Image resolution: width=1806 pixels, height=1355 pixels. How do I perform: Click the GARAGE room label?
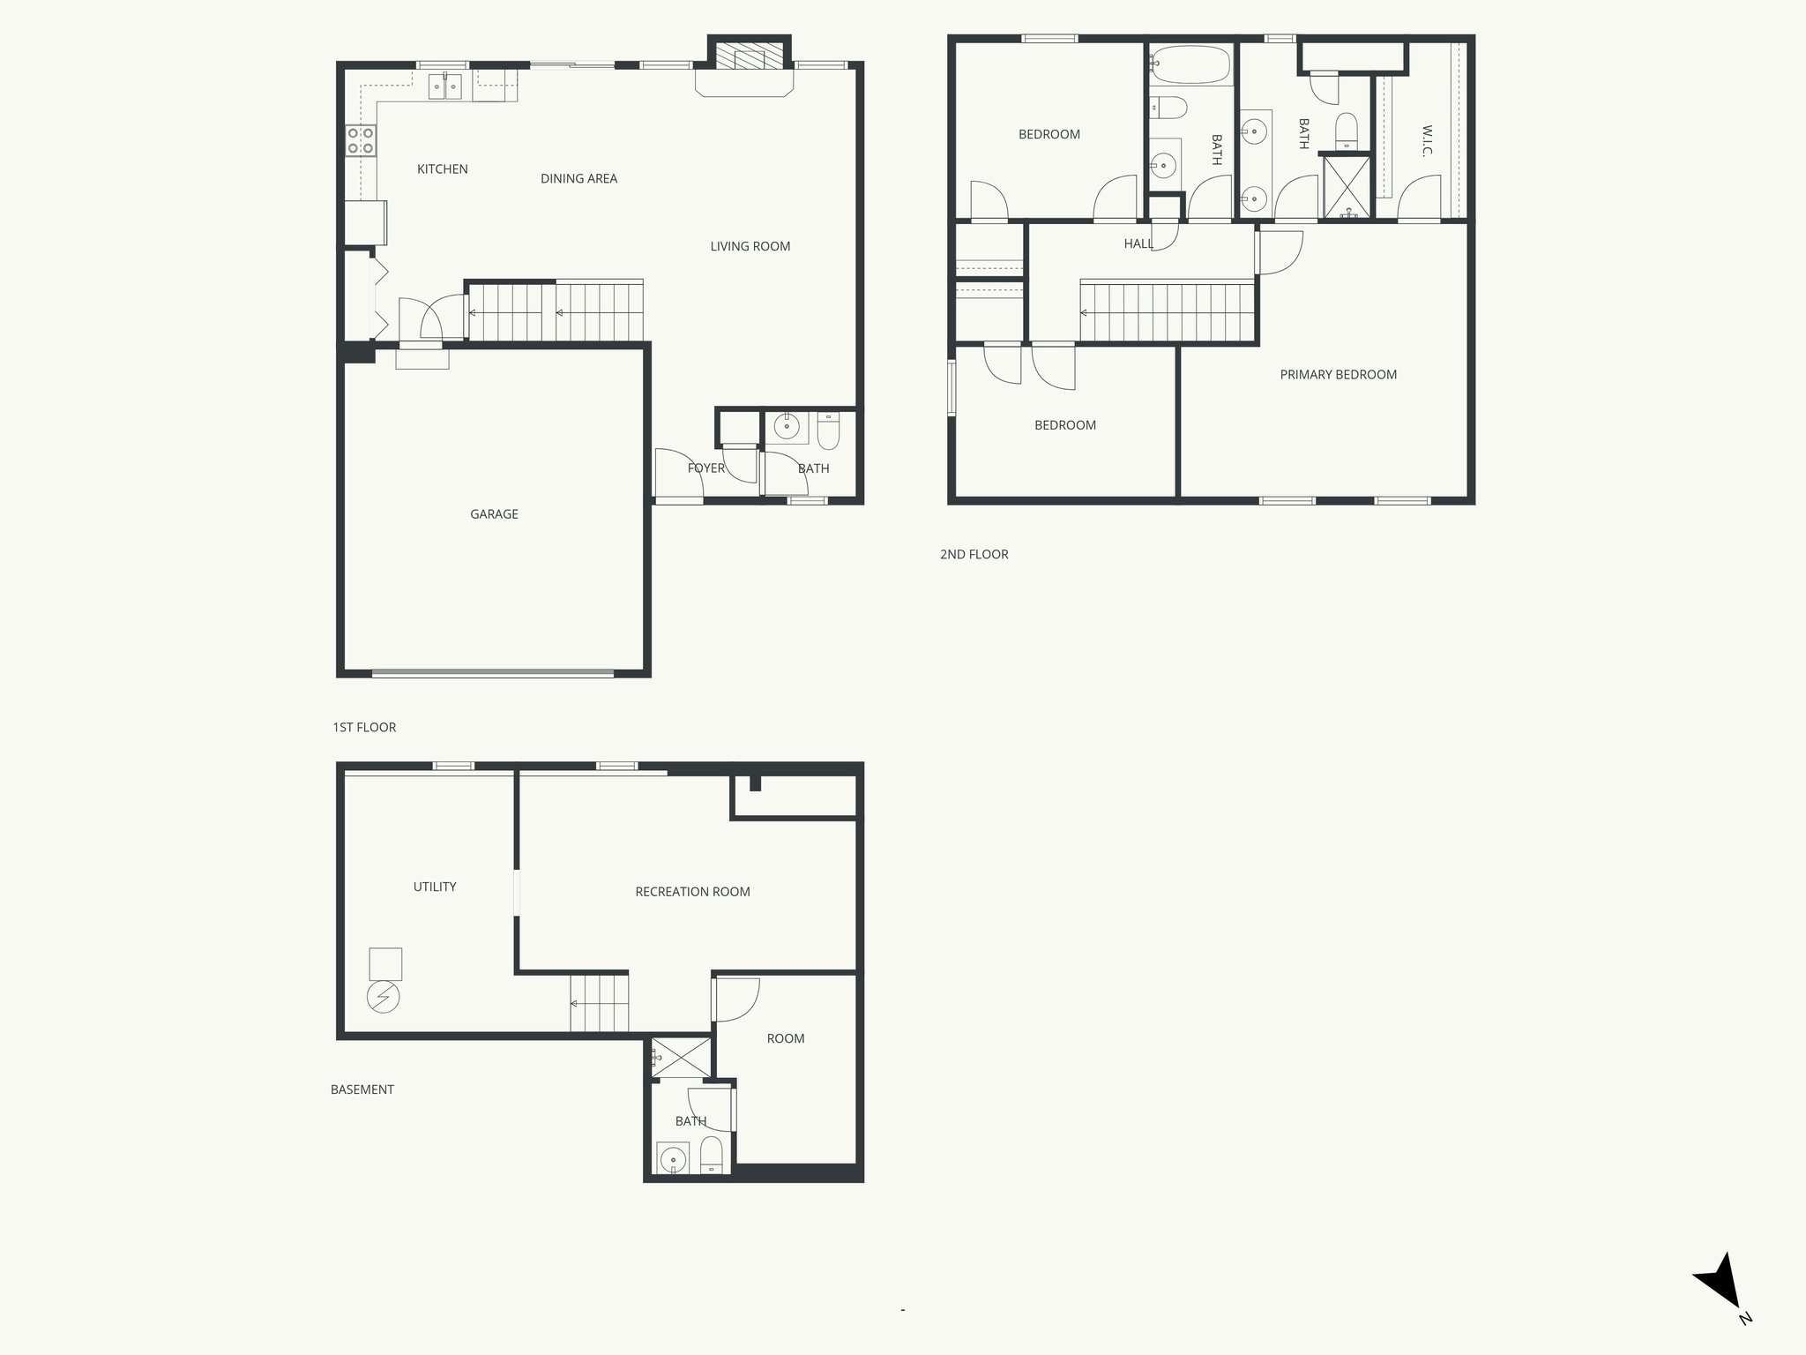[494, 514]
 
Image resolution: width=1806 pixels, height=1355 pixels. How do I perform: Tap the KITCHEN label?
[442, 169]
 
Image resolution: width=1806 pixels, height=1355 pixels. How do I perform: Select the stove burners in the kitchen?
[361, 141]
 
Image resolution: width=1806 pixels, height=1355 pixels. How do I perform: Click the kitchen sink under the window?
[446, 87]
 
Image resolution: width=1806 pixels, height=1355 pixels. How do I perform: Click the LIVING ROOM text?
[750, 247]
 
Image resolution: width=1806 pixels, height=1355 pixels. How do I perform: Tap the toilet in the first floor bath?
[828, 431]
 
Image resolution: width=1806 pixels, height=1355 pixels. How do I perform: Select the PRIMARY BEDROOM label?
[1338, 375]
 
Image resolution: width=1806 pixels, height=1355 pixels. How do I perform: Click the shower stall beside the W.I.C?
[1347, 186]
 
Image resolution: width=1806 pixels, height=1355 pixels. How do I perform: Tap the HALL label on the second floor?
[1138, 243]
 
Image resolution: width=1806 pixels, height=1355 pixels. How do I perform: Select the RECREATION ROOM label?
[692, 892]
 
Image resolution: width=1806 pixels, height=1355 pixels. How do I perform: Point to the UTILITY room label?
[435, 887]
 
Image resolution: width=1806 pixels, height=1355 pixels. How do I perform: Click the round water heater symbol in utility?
[384, 998]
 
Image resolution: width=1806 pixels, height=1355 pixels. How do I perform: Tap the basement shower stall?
[681, 1057]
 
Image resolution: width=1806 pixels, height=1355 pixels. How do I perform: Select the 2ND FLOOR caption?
[974, 555]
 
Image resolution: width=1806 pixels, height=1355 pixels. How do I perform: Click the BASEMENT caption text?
[362, 1089]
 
